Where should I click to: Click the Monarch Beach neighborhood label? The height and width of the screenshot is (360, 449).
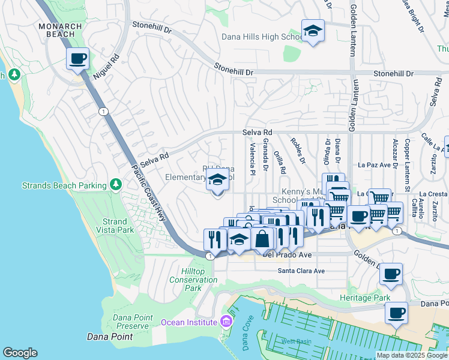57,30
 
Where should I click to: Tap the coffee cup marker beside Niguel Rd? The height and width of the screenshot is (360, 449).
77,59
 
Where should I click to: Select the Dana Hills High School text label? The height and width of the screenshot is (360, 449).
262,37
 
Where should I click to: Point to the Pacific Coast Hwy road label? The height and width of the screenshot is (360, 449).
148,191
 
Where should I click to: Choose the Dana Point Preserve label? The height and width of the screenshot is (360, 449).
131,322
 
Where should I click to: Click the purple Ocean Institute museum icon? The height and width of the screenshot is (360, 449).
225,322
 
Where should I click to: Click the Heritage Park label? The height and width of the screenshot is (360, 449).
364,298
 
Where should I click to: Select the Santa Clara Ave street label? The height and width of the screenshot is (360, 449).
301,271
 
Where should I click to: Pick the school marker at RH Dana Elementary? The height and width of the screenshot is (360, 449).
217,179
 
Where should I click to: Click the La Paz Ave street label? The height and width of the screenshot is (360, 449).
374,164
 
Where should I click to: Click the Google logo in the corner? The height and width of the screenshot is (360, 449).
20,352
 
